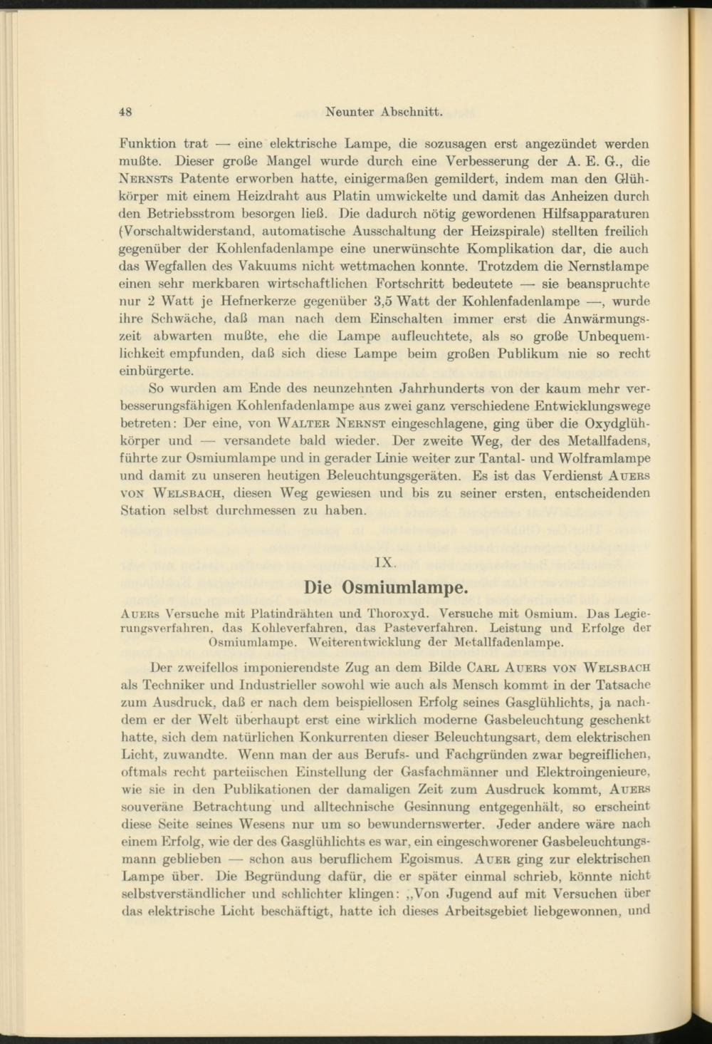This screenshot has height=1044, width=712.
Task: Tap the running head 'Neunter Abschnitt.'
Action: click(384, 112)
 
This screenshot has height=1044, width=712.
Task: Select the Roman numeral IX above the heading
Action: click(384, 562)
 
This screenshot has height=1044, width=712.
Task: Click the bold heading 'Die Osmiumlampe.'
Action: click(385, 588)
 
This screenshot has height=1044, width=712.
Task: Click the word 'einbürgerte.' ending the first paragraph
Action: click(157, 371)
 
